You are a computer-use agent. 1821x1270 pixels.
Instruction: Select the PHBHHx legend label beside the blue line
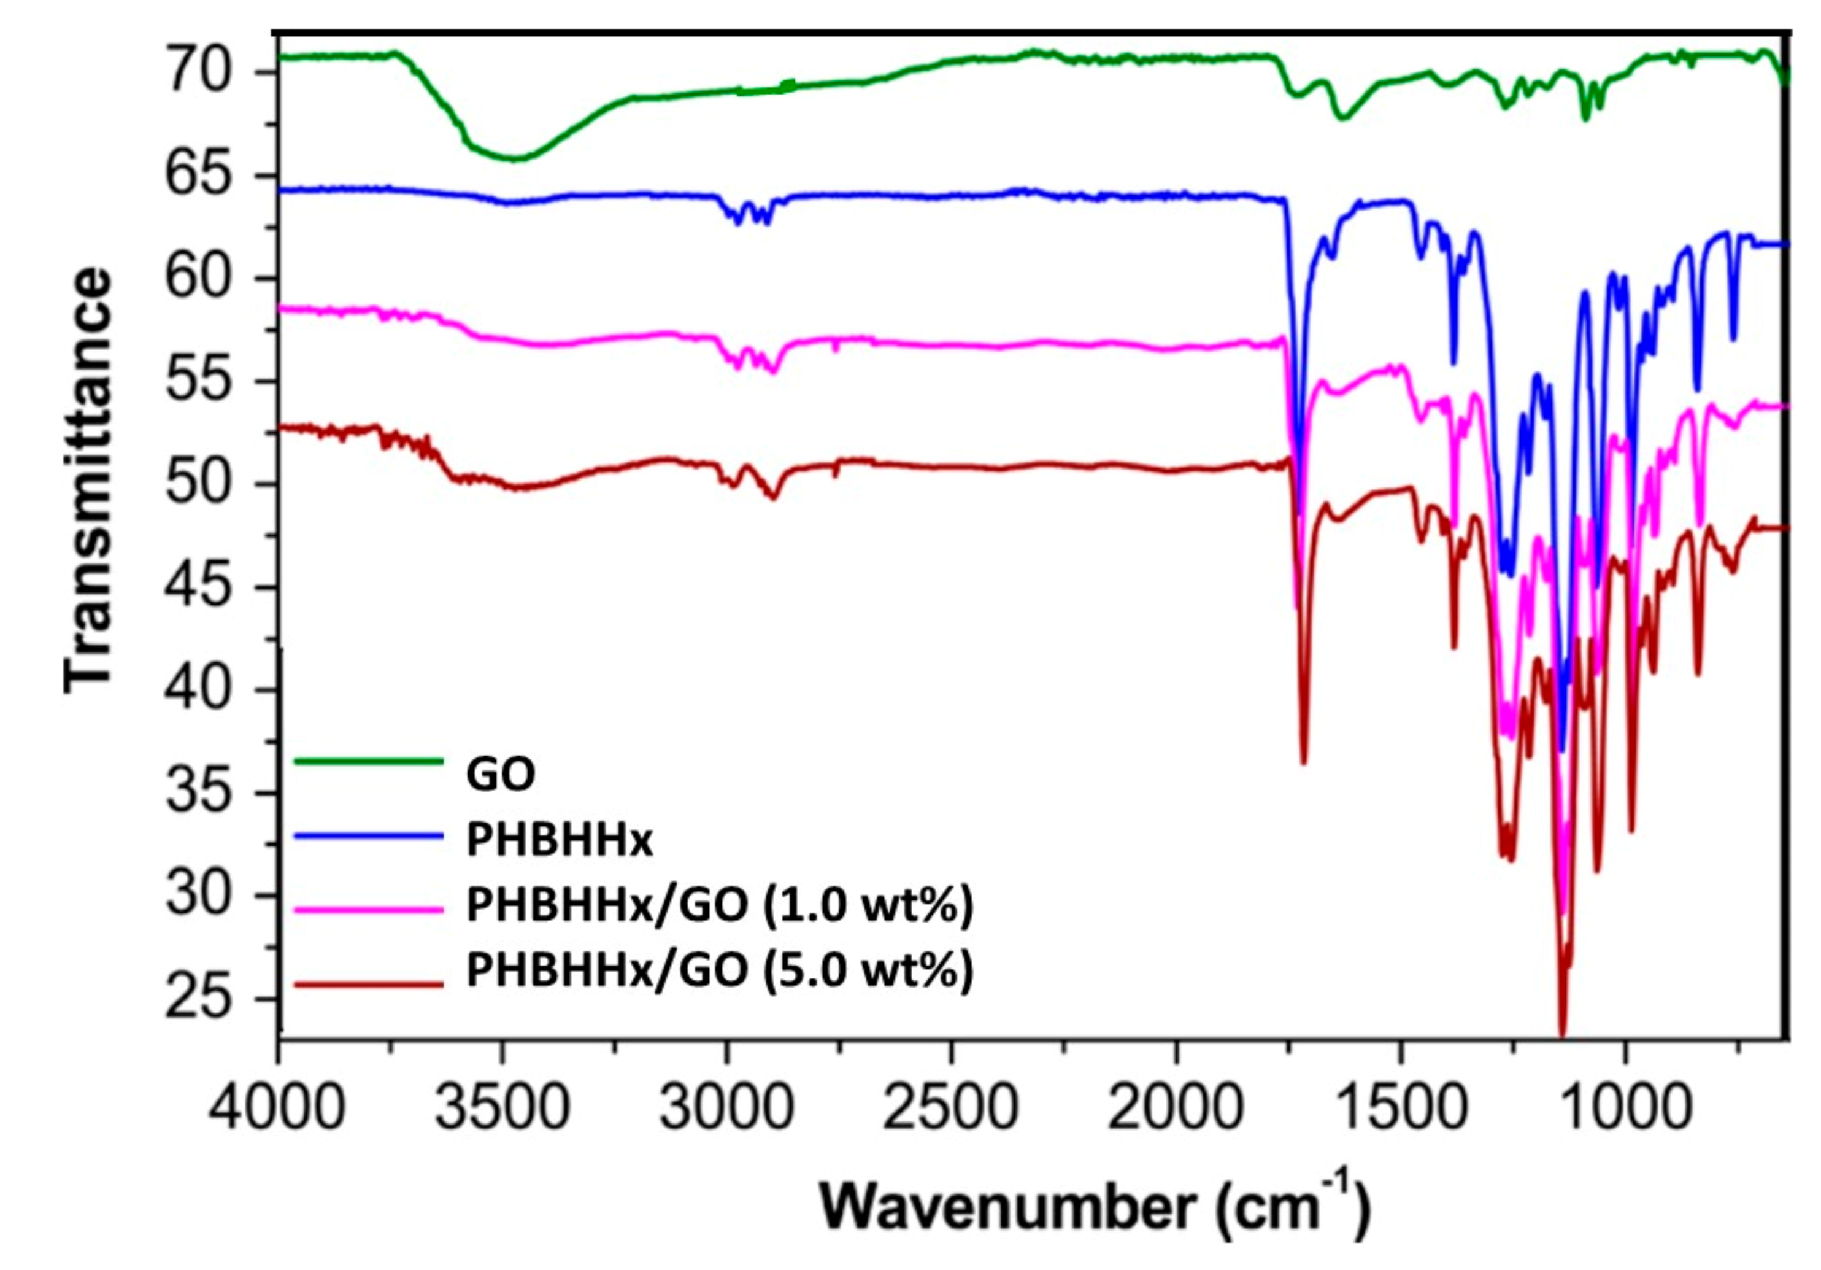[x=559, y=841]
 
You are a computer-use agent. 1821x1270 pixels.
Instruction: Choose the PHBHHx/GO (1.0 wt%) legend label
[x=718, y=906]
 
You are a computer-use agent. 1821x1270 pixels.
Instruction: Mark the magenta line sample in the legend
[x=368, y=910]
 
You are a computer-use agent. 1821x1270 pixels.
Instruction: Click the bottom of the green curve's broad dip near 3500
[x=515, y=158]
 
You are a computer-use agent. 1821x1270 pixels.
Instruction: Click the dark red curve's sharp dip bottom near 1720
[x=1303, y=762]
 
